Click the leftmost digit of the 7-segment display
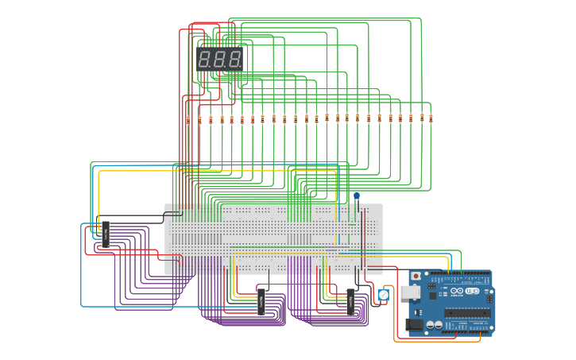coord(204,59)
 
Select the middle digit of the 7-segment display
coord(219,59)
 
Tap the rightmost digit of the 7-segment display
coord(234,59)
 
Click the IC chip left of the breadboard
coord(106,234)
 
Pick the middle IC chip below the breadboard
coord(261,302)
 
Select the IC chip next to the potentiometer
coord(350,302)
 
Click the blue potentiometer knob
coord(384,295)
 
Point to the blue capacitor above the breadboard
coord(357,196)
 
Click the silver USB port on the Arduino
coord(410,292)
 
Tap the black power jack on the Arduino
coord(413,324)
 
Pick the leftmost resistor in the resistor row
coord(188,119)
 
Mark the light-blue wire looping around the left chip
coord(81,270)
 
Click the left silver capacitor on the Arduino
coord(430,325)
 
